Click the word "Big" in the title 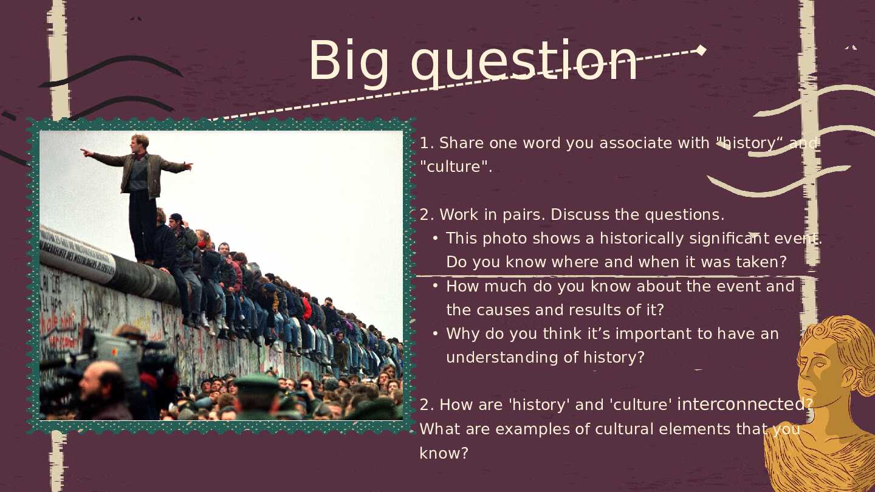click(348, 63)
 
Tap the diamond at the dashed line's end click(701, 50)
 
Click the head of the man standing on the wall click(139, 143)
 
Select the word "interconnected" click(741, 404)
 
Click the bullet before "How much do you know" click(436, 286)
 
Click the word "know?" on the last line click(444, 453)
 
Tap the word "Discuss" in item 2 click(580, 215)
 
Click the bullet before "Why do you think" click(436, 334)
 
